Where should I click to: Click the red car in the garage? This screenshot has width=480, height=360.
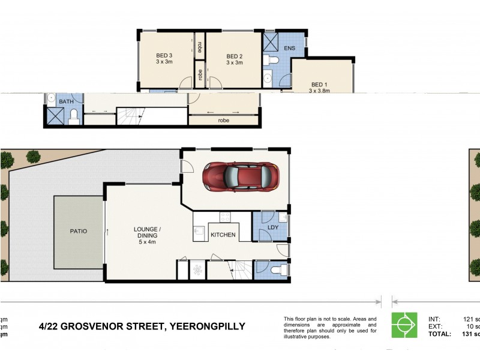pos(241,177)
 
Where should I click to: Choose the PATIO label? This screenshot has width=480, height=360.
pos(79,231)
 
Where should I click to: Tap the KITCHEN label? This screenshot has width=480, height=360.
pos(223,235)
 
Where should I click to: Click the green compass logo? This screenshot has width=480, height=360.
pos(404,325)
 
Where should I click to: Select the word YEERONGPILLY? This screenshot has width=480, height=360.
pos(208,326)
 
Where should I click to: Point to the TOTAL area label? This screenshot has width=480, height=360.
pos(441,333)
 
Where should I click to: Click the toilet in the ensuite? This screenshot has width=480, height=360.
pos(273,60)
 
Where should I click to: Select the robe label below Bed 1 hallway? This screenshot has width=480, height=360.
pos(224,120)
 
